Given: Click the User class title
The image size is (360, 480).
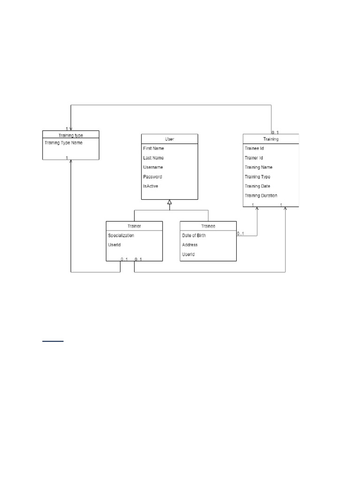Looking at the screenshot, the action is (169, 139).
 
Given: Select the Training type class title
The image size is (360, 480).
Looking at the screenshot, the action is (71, 135).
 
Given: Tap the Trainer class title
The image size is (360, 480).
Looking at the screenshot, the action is (134, 226).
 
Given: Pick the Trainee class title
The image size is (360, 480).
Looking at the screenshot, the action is (208, 226).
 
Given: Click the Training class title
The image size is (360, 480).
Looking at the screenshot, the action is (271, 139).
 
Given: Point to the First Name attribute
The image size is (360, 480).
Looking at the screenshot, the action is (153, 148).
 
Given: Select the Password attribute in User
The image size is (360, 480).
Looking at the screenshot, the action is (152, 177).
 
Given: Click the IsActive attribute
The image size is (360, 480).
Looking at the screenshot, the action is (150, 186).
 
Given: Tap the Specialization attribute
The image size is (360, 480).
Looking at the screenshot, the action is (121, 235).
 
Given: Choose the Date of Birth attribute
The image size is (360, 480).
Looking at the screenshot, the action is (194, 235).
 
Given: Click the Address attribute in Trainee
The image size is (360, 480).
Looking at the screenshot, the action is (190, 245).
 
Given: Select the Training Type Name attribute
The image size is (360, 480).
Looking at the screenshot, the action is (64, 142).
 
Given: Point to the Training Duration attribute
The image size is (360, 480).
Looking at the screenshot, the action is (261, 195).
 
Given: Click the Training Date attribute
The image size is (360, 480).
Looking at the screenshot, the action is (257, 186).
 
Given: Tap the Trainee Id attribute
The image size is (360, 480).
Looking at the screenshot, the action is (254, 148).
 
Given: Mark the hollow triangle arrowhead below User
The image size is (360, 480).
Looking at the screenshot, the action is (170, 202).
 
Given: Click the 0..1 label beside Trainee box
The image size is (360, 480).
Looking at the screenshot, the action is (240, 233).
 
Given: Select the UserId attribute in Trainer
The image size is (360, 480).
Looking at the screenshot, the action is (114, 245).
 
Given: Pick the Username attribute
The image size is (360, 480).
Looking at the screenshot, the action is (153, 167).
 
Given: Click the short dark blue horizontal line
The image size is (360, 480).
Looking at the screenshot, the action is (53, 341).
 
